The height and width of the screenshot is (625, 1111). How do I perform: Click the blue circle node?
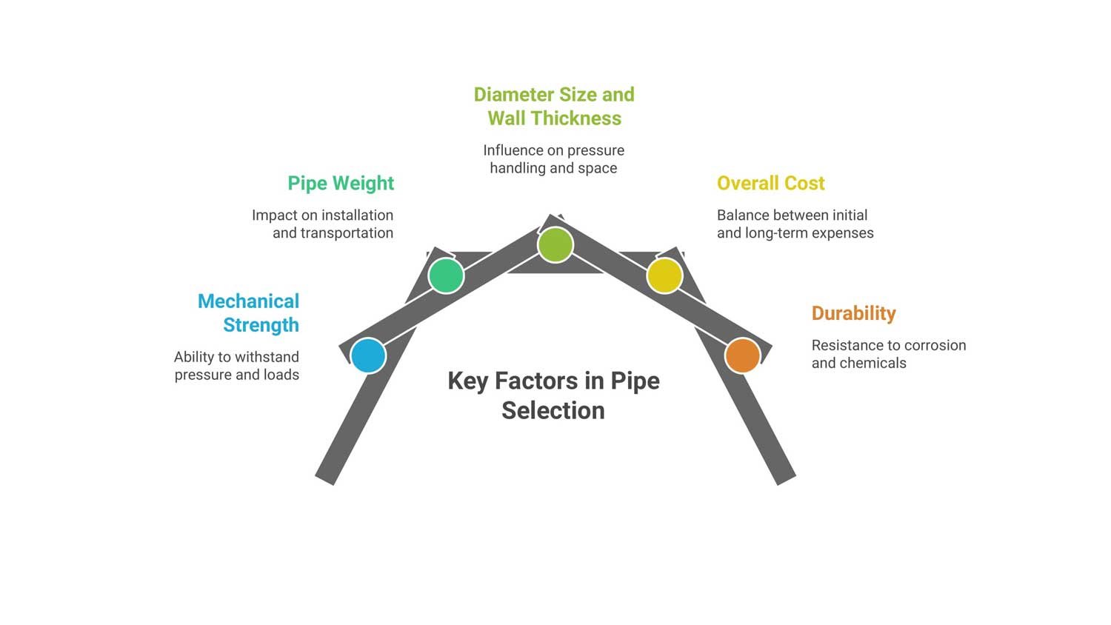(x=368, y=355)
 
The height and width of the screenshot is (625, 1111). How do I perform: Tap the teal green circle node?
(x=446, y=275)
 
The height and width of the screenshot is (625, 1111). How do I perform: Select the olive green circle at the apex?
(x=555, y=244)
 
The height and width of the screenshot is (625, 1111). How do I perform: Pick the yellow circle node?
(x=664, y=275)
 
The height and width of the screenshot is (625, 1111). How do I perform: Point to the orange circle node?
(x=742, y=355)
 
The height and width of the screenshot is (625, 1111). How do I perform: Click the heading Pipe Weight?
(x=341, y=184)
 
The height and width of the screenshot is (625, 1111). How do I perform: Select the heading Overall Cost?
(x=770, y=184)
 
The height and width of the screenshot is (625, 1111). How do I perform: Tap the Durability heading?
(x=853, y=313)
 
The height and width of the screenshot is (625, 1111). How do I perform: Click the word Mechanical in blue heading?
(x=248, y=301)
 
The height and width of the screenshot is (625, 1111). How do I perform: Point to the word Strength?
(x=261, y=325)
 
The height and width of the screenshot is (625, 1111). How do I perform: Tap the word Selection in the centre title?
(x=553, y=410)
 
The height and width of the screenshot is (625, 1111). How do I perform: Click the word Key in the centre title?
(x=467, y=381)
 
